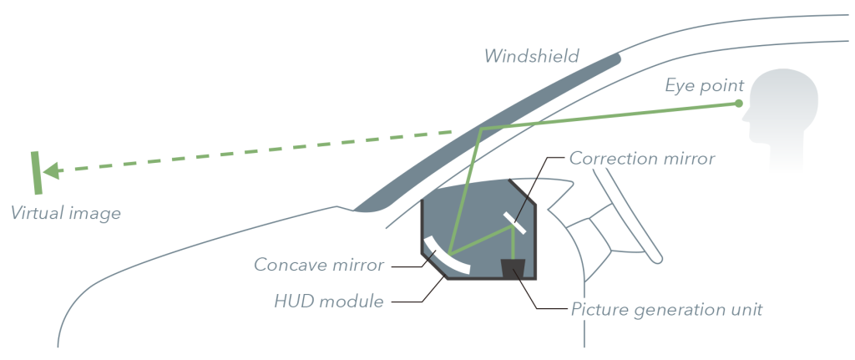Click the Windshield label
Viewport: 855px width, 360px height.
pos(531,56)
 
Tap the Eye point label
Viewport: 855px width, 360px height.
pos(704,86)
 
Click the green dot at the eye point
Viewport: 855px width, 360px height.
pos(739,103)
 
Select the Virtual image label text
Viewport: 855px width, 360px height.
pos(65,213)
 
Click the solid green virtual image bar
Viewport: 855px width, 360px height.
pos(37,173)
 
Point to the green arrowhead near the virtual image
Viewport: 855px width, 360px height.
pos(51,170)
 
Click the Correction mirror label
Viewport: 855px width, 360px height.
pos(642,158)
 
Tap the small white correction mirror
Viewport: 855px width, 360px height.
pos(514,222)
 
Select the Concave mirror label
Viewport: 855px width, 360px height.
pos(319,265)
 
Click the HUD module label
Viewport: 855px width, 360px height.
pos(329,301)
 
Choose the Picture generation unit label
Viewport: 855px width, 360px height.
pos(666,310)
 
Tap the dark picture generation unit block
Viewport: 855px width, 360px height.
pos(513,269)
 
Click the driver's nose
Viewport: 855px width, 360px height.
pos(746,116)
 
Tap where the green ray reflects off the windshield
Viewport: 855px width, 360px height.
pos(480,129)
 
